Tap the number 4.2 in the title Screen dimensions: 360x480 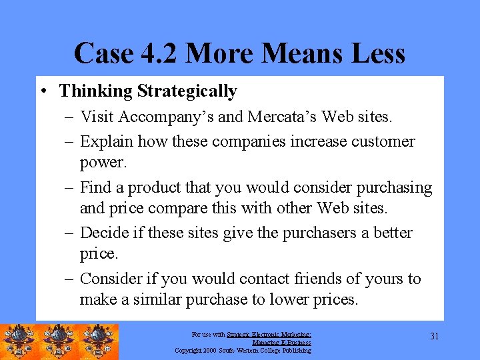(x=157, y=53)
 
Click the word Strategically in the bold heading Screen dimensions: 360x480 (x=190, y=91)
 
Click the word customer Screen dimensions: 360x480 (x=382, y=141)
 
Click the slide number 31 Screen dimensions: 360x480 (x=434, y=336)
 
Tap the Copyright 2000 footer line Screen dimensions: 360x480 (x=243, y=350)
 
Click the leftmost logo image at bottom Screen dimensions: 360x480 (x=19, y=342)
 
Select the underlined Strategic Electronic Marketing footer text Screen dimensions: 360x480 (x=269, y=335)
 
